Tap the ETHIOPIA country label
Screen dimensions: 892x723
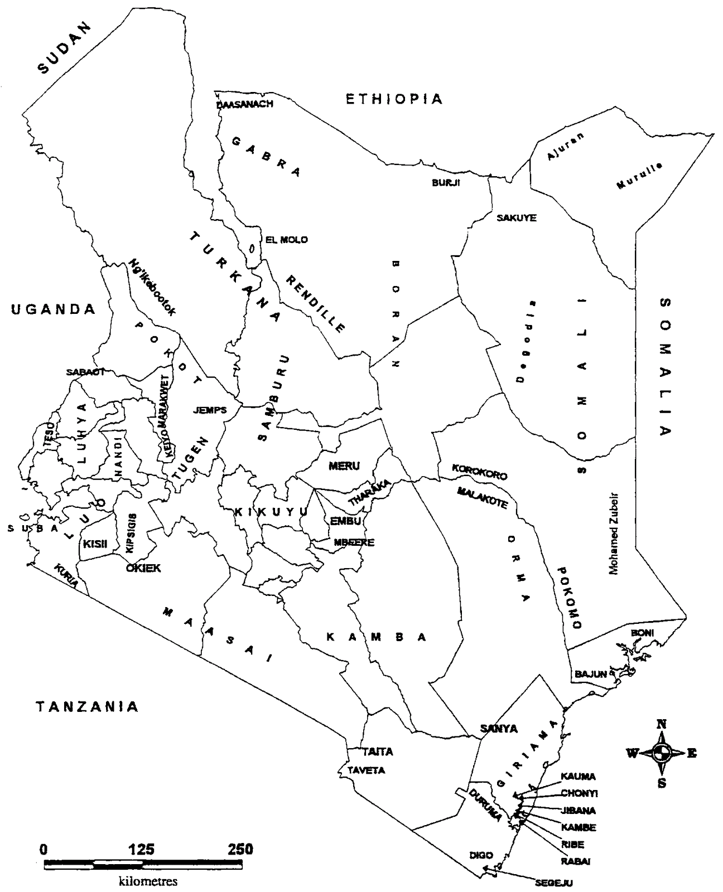(394, 99)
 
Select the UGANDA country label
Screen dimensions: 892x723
(54, 309)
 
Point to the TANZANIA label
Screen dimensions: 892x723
(87, 707)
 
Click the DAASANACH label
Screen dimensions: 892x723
(244, 104)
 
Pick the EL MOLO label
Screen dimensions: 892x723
(286, 240)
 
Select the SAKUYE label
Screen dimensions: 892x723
(516, 218)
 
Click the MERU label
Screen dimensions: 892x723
(344, 466)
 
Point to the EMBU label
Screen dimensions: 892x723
(346, 521)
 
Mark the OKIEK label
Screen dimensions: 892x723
(143, 568)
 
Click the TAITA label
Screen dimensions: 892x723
(378, 752)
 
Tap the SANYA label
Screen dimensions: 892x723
(499, 728)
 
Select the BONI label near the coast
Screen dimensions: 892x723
(642, 633)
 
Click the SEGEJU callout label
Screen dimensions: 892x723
(553, 883)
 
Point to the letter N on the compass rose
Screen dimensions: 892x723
(662, 725)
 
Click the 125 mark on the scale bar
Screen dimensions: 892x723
(142, 850)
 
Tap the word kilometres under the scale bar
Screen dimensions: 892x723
(148, 881)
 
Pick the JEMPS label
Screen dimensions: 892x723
(210, 410)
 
